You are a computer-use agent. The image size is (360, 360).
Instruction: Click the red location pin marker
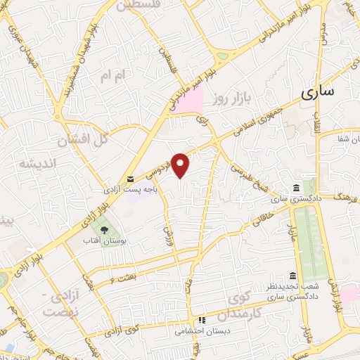point(181,165)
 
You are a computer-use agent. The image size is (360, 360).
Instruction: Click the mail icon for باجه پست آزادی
point(131,179)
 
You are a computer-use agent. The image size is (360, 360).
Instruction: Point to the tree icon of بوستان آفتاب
point(105,230)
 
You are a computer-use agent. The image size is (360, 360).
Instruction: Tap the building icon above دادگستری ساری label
point(296,188)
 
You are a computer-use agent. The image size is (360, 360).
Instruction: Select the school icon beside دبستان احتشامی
point(200,319)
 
